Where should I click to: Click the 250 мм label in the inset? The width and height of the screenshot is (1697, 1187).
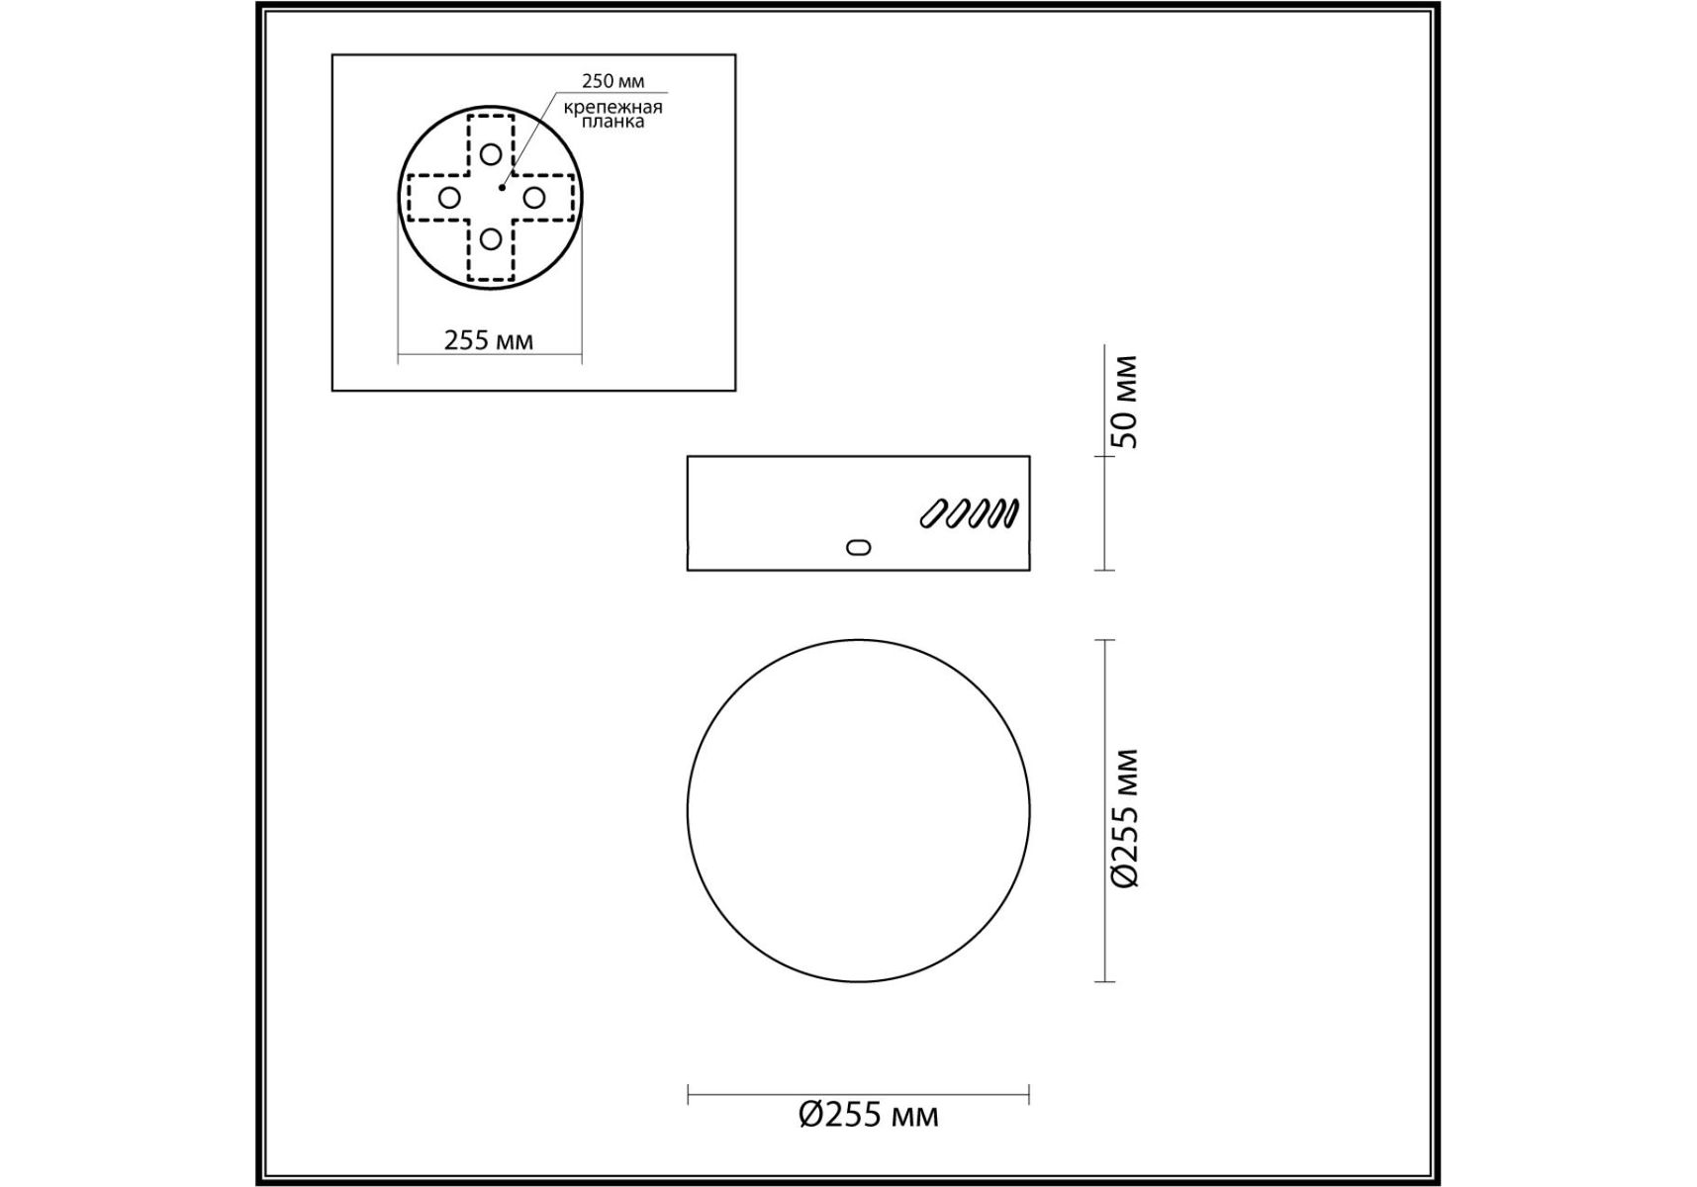click(613, 81)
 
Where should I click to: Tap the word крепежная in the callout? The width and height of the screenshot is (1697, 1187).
click(613, 107)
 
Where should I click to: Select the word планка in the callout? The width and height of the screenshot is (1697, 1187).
click(613, 122)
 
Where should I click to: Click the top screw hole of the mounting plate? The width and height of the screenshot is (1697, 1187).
click(491, 154)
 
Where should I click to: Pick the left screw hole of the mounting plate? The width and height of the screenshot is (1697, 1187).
click(449, 198)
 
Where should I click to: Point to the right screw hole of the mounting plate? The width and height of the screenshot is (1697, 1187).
click(533, 198)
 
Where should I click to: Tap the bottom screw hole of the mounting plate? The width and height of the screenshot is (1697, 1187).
click(491, 238)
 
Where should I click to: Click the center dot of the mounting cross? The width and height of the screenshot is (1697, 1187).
click(503, 186)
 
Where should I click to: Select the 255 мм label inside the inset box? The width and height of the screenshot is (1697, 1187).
click(489, 340)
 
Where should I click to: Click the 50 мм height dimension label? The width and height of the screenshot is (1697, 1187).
click(1125, 402)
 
